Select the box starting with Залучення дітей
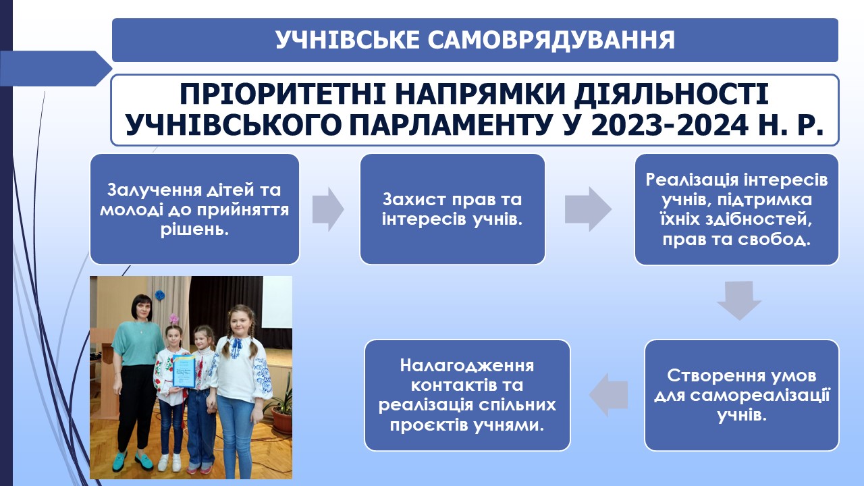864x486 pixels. coord(194,209)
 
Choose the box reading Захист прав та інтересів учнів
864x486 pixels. coord(452,209)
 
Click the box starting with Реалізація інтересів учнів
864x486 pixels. coord(736,209)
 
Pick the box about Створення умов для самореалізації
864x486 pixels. coord(741,395)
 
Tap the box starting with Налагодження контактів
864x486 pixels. coord(467,395)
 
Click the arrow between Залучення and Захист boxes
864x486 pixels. coord(328,209)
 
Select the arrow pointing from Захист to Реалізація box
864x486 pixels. coord(588,209)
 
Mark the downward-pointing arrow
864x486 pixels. coord(739,300)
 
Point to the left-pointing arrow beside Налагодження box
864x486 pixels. coord(608,395)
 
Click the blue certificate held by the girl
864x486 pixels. coord(184,371)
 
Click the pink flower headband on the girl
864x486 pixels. coord(174,319)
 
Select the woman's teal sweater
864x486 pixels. coord(137,344)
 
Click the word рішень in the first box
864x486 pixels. coord(194,230)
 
